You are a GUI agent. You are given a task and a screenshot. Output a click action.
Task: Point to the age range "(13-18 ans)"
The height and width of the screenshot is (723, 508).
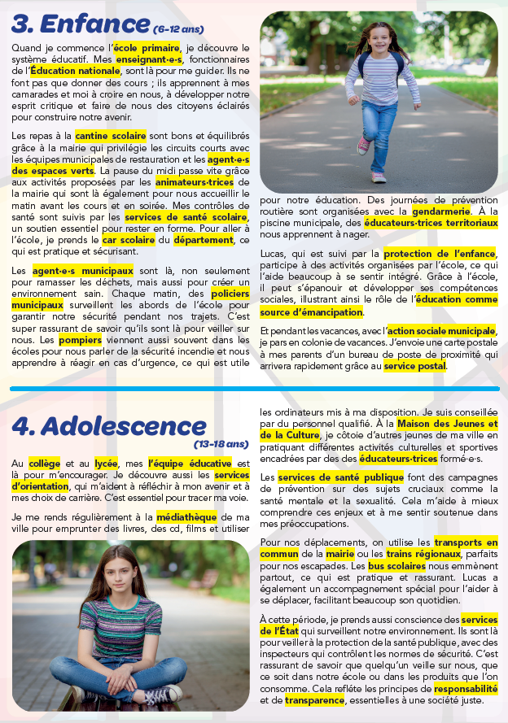221,445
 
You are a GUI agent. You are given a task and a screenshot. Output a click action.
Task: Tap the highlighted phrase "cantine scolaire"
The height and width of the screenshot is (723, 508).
111,136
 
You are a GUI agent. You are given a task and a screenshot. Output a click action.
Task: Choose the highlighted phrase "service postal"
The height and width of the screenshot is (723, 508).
415,367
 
